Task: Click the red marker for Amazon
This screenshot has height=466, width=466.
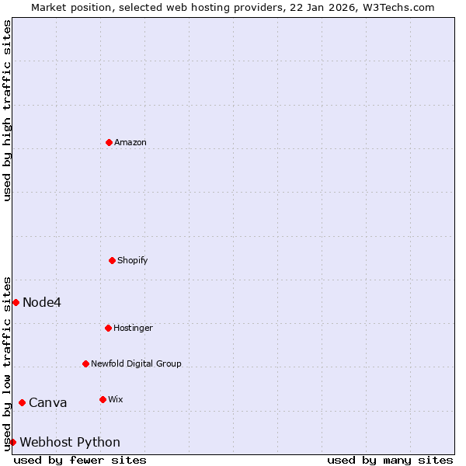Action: pos(109,142)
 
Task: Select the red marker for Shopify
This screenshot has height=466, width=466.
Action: pos(112,260)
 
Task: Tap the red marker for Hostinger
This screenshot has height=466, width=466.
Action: pos(108,328)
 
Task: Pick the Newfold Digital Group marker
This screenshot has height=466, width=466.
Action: pos(85,363)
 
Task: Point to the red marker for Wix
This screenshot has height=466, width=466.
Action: pos(103,399)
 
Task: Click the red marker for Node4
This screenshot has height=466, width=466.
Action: pos(16,302)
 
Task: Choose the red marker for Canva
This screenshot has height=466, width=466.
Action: pos(22,402)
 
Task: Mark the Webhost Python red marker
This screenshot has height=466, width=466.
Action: pos(12,442)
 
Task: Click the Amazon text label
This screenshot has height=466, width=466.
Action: pos(130,142)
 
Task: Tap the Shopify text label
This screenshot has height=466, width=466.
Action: pos(133,260)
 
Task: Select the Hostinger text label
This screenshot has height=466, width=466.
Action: pos(134,328)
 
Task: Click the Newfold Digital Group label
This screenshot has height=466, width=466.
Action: pos(136,363)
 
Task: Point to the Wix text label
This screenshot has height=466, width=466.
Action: pos(116,399)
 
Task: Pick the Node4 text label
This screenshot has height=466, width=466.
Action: pos(42,302)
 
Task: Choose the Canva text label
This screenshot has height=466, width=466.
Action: pos(48,402)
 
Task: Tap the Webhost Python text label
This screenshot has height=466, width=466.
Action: pos(70,442)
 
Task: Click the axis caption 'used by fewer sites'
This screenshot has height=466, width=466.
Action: pos(80,460)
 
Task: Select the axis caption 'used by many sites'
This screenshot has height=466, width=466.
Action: pos(390,460)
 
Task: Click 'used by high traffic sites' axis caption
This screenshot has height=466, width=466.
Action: pos(7,110)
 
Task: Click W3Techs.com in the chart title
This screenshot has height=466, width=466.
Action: pos(396,7)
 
